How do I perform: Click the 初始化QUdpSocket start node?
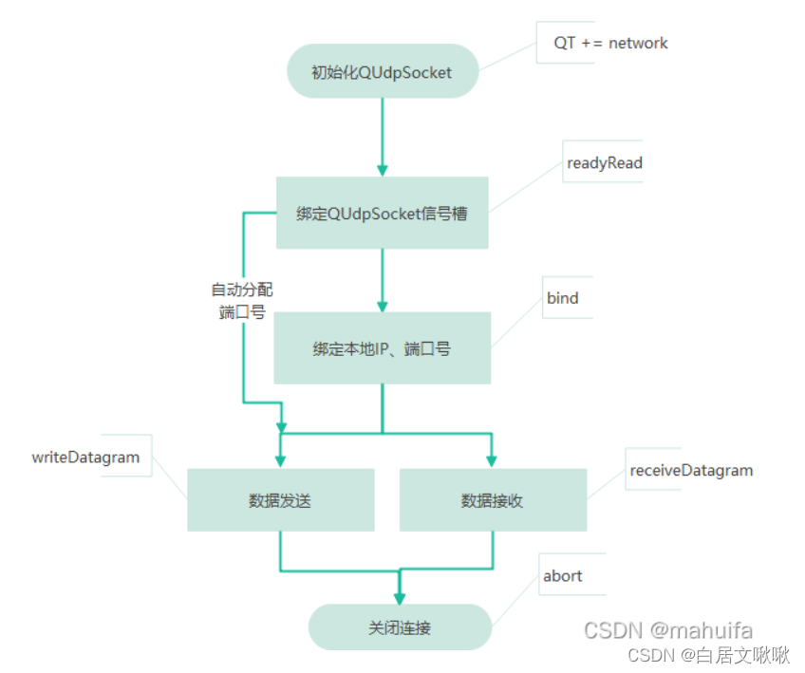(x=382, y=71)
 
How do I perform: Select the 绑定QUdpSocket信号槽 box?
(x=382, y=214)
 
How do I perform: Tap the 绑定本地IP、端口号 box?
(x=382, y=348)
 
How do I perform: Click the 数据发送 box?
(x=280, y=500)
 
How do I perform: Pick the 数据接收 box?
(x=493, y=500)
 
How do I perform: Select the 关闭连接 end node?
(x=400, y=627)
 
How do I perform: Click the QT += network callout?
(x=610, y=43)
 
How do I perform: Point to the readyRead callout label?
(x=604, y=163)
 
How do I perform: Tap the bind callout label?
(x=562, y=298)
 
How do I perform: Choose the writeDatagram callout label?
(x=85, y=458)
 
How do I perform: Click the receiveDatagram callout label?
(x=691, y=470)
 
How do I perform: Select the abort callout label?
(x=562, y=576)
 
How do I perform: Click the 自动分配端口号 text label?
(x=241, y=301)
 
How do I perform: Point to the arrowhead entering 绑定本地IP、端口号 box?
(x=382, y=306)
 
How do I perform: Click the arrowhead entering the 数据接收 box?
(x=491, y=460)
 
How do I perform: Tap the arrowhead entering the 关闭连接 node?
(x=400, y=599)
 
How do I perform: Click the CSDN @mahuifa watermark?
(x=667, y=630)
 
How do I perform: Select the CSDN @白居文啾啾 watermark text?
(x=708, y=655)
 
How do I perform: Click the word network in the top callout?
(x=638, y=43)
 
